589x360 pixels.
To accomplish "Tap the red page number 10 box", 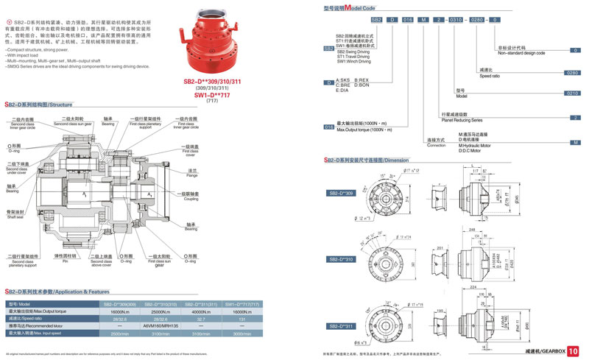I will pos(574,350).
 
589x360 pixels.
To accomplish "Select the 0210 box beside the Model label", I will pos(572,93).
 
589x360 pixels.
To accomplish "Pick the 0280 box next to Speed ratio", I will pos(572,73).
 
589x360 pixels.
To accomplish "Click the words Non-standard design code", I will pos(521,54).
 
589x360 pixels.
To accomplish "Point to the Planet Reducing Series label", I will pos(462,120).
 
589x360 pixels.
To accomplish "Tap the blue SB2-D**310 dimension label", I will pos(342,259).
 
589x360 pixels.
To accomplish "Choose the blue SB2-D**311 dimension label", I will pos(342,325).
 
